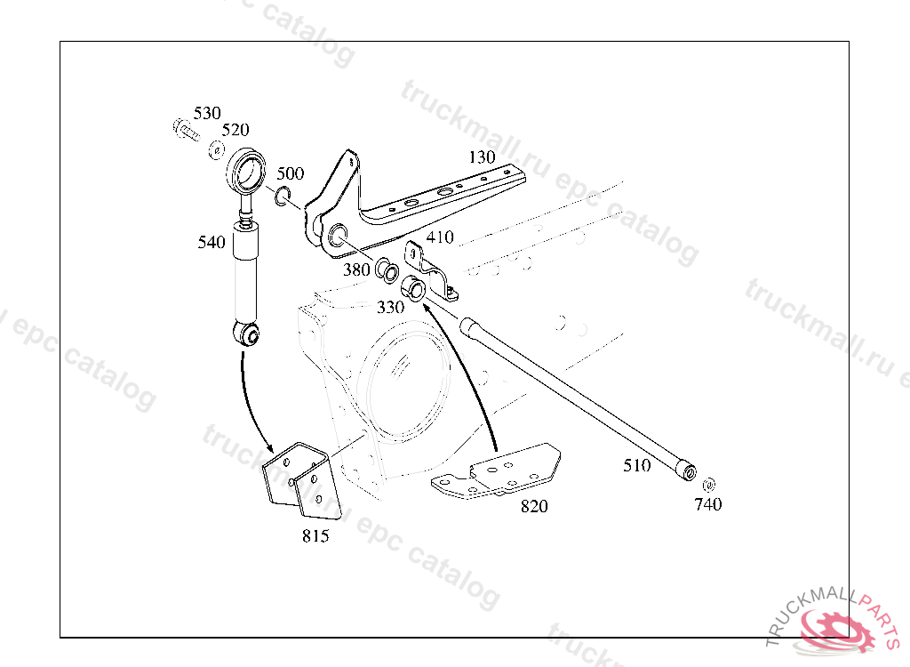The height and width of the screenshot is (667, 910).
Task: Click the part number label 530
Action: coord(207,113)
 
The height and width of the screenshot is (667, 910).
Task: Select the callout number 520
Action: coord(235,130)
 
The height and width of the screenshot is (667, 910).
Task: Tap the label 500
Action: coord(290,173)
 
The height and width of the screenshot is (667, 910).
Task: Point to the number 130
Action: coord(482,157)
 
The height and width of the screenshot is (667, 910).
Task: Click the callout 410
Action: coord(440,237)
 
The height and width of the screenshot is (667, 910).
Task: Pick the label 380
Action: coord(356,270)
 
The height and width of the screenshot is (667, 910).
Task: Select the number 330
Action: coord(390,307)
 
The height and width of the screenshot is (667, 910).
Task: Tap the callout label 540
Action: coord(212,242)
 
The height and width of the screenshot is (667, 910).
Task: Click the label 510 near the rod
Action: coord(636,465)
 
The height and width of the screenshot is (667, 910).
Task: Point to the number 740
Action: coord(708,504)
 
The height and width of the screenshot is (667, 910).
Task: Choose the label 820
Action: coord(534,506)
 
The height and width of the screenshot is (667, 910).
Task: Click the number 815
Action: coord(315,536)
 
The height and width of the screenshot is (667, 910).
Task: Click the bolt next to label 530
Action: coord(184,130)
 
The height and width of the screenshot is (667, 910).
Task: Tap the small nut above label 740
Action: coord(708,485)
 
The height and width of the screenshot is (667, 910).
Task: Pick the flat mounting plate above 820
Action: coord(498,474)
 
